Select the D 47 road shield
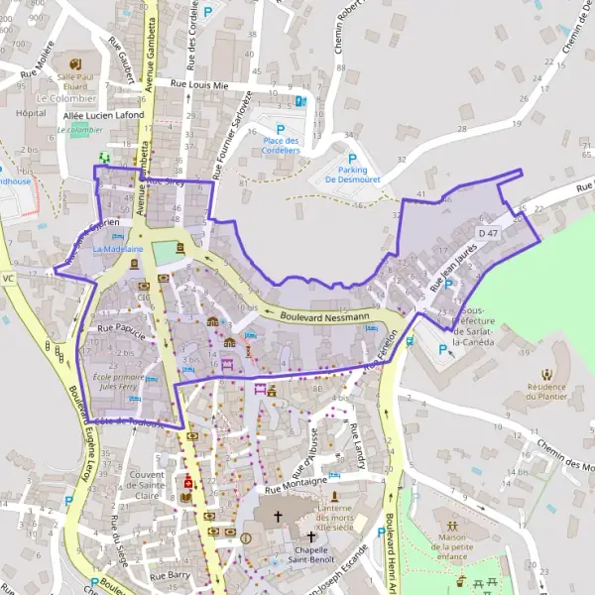point(487,232)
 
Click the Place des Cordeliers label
point(281,145)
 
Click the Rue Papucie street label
point(121,326)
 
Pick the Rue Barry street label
point(170,574)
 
